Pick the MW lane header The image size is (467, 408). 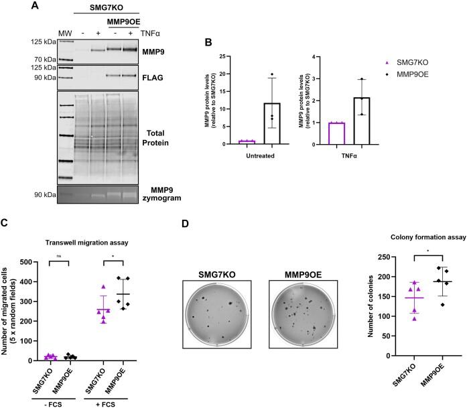click(x=64, y=33)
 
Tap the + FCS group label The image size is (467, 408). click(x=102, y=401)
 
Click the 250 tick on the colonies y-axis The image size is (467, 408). click(x=383, y=257)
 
